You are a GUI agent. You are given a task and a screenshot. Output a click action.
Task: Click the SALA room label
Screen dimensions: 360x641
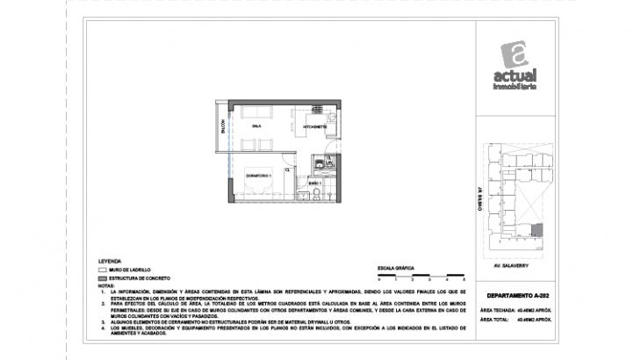[x=256, y=126]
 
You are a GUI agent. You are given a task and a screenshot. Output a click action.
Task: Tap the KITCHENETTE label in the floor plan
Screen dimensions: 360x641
[x=314, y=126]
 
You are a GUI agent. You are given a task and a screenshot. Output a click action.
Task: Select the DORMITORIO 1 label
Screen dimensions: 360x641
[x=258, y=176]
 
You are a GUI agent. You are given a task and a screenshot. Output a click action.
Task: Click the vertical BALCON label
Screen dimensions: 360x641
[x=223, y=126]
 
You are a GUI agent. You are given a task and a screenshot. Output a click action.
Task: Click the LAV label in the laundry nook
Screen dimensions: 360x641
[x=329, y=162]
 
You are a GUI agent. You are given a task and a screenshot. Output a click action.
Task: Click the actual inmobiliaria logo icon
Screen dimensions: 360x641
[x=517, y=54]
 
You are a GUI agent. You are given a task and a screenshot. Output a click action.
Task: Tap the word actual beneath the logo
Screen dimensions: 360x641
[x=517, y=77]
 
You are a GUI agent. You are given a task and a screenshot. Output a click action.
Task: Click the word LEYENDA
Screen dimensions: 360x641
[x=111, y=261]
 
